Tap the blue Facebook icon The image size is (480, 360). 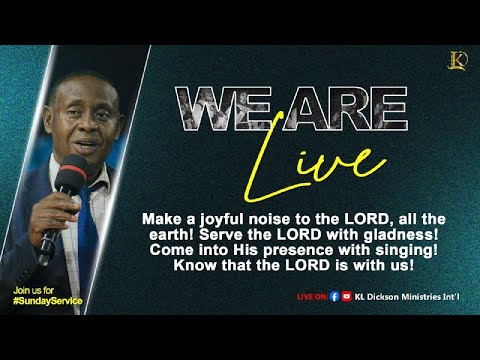(x=334, y=296)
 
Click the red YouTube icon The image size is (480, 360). (x=347, y=296)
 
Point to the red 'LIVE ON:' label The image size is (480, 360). (x=312, y=297)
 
